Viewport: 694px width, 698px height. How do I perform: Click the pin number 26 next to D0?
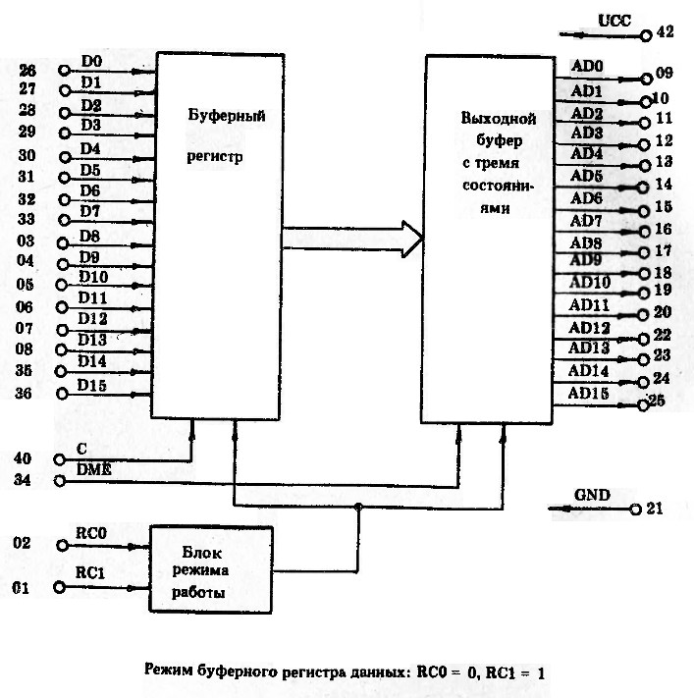pos(27,71)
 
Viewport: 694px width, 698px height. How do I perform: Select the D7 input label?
pos(91,211)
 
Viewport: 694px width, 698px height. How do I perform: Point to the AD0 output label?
pos(587,67)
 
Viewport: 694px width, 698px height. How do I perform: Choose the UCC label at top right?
pos(614,21)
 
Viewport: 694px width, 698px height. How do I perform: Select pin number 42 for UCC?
pos(665,32)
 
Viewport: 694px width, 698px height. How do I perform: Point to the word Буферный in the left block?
pos(228,116)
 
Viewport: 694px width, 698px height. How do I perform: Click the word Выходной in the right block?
pos(498,119)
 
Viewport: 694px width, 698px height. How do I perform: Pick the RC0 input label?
pos(91,531)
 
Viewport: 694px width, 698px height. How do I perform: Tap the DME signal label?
pos(93,471)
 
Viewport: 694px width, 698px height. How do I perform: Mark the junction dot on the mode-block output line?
pos(357,507)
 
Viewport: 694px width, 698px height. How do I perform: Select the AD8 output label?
pos(587,242)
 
